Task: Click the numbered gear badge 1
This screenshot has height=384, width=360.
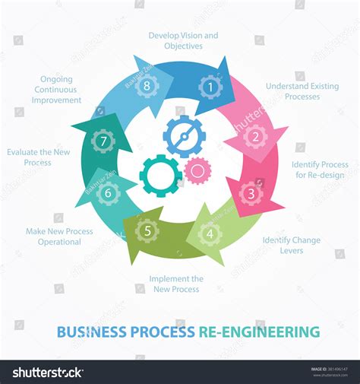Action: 210,87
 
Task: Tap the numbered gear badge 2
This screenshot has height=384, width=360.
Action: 255,137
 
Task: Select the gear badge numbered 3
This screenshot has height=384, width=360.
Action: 251,192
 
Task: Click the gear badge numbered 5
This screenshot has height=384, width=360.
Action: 147,229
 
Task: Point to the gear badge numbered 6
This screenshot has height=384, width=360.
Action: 108,192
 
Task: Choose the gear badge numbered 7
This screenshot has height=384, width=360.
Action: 103,141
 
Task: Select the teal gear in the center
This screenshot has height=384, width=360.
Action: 160,175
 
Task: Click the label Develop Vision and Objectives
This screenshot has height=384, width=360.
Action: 183,40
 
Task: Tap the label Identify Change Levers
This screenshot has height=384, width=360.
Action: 291,245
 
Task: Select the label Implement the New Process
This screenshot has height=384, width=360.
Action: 175,284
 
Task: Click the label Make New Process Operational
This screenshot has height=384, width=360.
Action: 59,236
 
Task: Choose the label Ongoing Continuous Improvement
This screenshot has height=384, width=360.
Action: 57,89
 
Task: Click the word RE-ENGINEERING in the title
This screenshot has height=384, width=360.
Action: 259,332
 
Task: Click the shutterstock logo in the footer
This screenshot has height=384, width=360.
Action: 47,372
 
